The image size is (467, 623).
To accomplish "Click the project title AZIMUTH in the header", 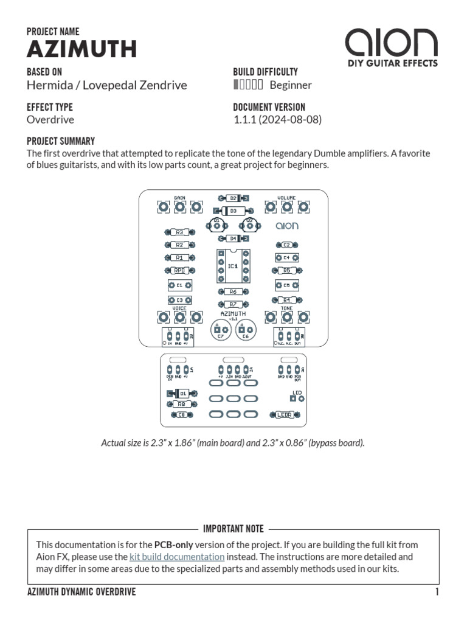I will (x=81, y=49).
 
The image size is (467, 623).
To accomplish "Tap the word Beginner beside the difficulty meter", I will (x=291, y=85).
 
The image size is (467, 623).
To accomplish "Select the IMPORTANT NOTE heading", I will (x=233, y=529).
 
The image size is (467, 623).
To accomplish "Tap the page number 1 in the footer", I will (x=437, y=593).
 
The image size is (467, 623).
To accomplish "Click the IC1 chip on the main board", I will (x=233, y=266).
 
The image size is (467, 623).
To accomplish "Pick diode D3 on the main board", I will (x=233, y=211).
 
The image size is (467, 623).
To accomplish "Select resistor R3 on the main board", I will (x=179, y=232).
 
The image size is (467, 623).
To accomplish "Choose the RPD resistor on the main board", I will (x=179, y=270).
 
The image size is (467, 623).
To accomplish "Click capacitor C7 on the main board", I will (x=220, y=330).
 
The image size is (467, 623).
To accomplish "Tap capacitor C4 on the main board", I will (x=286, y=257).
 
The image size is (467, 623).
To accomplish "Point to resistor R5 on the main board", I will (x=286, y=270).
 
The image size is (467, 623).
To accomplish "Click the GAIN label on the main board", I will (x=179, y=198).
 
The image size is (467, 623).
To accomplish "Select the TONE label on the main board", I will (x=286, y=308).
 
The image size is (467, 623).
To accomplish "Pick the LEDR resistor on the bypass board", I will (x=285, y=415).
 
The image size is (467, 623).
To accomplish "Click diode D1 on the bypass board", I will (x=184, y=394).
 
